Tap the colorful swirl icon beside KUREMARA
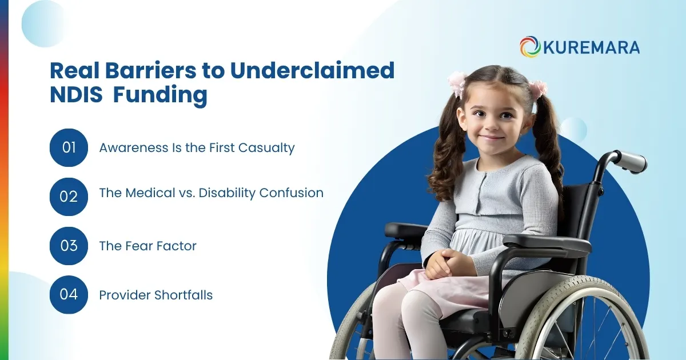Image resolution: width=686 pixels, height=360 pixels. coord(530,47)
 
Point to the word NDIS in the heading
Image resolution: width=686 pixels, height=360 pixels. coord(76,95)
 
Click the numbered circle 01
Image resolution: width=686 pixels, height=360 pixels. coord(69,147)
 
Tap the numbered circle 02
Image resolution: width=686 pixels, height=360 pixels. coord(69,197)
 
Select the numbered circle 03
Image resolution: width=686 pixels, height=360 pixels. coord(69,246)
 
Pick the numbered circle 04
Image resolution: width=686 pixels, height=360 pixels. coord(69,295)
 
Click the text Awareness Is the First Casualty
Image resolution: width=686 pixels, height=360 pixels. coord(197,147)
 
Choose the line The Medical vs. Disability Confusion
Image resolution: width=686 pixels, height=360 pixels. coord(211,193)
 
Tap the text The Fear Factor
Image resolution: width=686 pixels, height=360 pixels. coord(147,246)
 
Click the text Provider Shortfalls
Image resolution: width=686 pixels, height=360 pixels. coord(155,295)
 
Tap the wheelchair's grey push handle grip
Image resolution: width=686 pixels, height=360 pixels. coord(632,162)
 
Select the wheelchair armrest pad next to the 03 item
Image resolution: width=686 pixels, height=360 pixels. coord(405,230)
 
